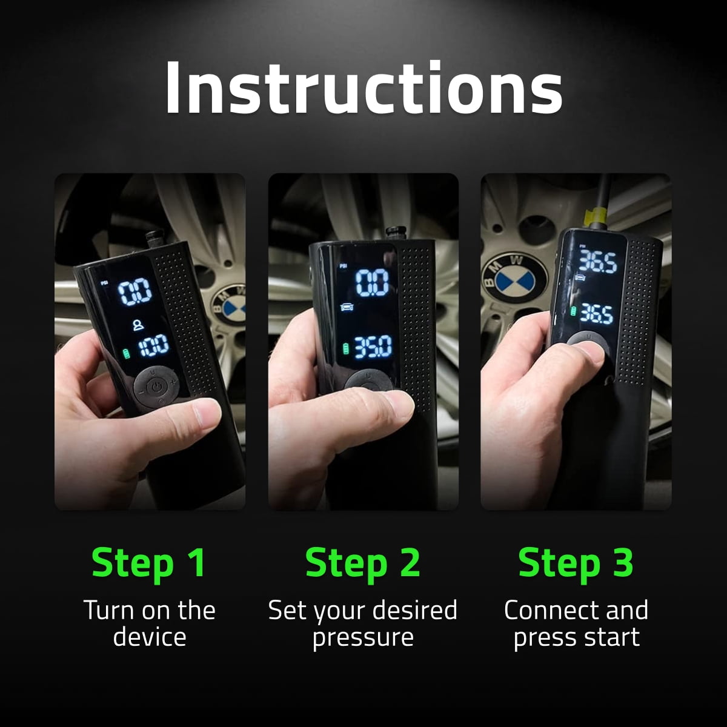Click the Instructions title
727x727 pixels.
pyautogui.click(x=363, y=88)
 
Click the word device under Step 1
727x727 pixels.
pyautogui.click(x=149, y=637)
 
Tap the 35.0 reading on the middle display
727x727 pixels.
pyautogui.click(x=373, y=348)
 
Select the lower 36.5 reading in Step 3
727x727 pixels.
pyautogui.click(x=596, y=313)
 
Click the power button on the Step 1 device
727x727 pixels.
pyautogui.click(x=156, y=385)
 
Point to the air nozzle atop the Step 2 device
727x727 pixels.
pyautogui.click(x=395, y=233)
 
